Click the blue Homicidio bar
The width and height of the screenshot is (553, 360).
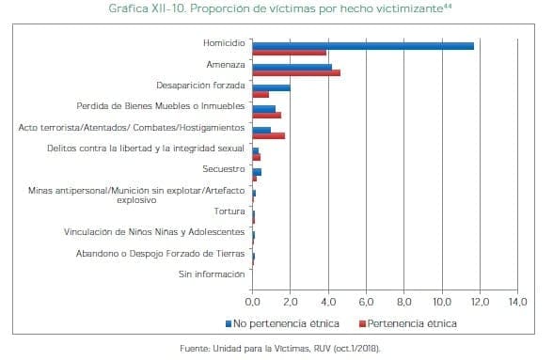tap(363, 45)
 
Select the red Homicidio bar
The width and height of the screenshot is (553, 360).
tap(290, 52)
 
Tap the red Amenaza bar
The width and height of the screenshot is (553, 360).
tap(296, 72)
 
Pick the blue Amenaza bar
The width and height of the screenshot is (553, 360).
tap(292, 66)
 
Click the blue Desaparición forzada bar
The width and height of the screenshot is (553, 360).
tap(271, 87)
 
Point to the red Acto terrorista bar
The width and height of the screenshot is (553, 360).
tap(268, 135)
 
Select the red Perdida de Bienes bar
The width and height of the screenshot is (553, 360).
tap(266, 115)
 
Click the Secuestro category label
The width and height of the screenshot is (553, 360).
tap(225, 169)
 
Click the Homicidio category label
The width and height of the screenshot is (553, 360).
tap(224, 43)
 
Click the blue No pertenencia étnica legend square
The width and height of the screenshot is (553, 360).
tap(228, 323)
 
